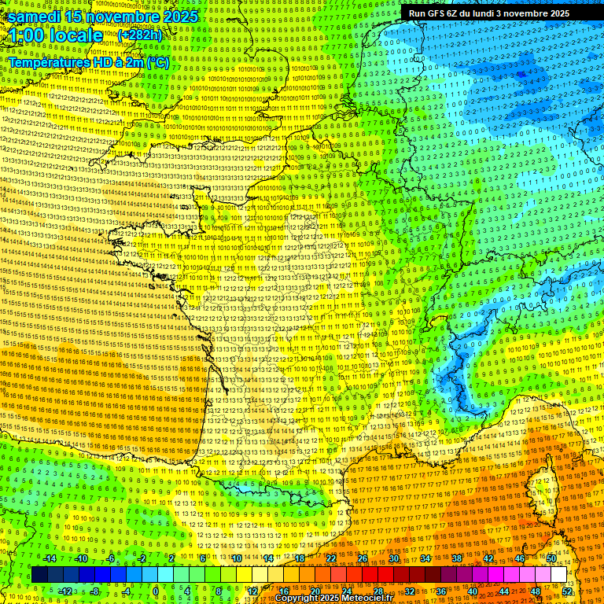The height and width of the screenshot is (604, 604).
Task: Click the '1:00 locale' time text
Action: (x=56, y=36)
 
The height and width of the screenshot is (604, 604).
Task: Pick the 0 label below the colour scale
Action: (x=156, y=591)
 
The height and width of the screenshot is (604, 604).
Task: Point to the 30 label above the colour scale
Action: (x=393, y=558)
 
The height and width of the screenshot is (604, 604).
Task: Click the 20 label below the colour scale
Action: (x=315, y=591)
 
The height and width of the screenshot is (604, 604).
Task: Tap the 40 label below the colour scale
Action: (x=472, y=591)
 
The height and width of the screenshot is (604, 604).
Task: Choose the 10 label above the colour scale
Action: (x=236, y=558)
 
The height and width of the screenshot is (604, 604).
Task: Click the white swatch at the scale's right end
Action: (x=558, y=575)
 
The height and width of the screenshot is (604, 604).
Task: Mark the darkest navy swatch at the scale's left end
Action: (x=39, y=575)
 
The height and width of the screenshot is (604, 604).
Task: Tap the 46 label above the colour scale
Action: (x=519, y=558)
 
